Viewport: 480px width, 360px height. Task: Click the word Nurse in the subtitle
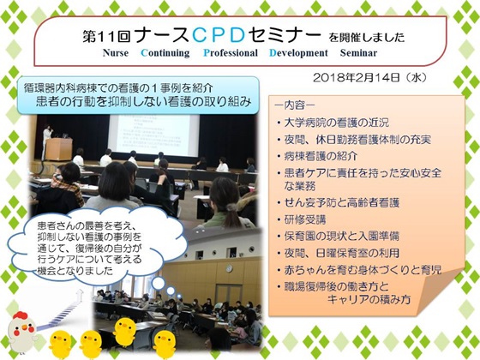pos(116,52)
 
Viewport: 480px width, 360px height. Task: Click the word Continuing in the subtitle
pos(165,53)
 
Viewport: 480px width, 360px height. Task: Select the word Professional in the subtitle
pos(231,52)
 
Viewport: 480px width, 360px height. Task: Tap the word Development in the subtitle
pos(298,53)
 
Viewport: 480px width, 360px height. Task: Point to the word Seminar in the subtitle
pos(358,52)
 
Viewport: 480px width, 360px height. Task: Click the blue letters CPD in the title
pos(219,35)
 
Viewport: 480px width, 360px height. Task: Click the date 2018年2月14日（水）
pos(369,77)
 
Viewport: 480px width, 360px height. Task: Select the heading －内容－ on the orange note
pos(295,105)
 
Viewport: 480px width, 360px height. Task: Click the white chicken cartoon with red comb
pos(21,331)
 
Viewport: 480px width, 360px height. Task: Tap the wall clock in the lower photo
pos(229,268)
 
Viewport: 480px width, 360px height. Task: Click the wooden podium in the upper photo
pos(59,149)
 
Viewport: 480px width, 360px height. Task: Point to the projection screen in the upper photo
pos(154,135)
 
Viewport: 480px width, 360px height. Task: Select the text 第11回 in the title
pos(106,36)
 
